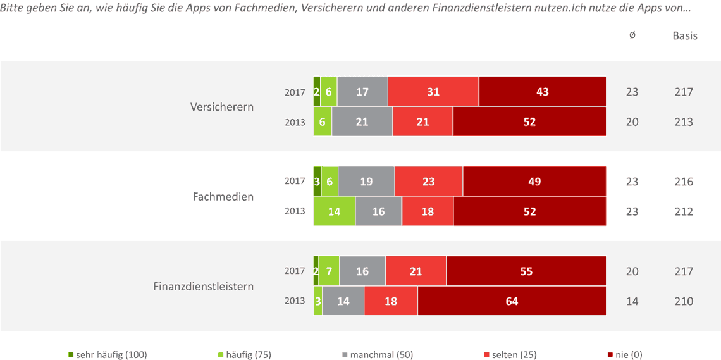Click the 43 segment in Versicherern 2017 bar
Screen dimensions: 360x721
542,92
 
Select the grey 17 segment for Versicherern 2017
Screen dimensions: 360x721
362,92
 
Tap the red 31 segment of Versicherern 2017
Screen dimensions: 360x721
433,92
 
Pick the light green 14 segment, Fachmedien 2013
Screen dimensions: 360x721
334,211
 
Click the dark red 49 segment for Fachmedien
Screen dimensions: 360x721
534,182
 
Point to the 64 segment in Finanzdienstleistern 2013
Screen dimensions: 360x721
512,301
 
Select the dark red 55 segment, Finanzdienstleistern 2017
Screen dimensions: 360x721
526,271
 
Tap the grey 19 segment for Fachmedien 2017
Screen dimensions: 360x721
366,182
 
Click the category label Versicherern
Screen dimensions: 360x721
222,107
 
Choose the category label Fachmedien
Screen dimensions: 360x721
223,197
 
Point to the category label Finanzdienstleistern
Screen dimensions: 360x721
203,287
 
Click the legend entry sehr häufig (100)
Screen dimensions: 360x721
108,355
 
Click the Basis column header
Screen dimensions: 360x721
684,35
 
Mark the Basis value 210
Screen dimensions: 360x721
684,301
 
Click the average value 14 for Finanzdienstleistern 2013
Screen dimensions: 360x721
632,301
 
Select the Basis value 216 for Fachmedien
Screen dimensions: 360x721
684,182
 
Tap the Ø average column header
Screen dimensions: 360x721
632,35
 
